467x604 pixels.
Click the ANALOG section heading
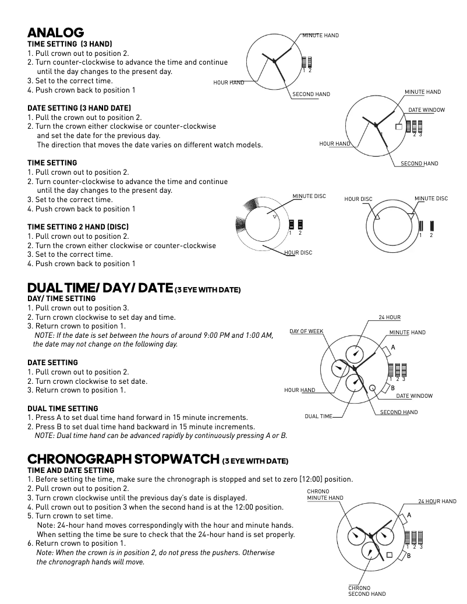tap(56, 33)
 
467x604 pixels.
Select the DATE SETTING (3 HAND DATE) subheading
tap(79, 108)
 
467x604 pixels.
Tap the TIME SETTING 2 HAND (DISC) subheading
tap(78, 227)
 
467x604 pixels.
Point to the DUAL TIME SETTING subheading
tap(63, 408)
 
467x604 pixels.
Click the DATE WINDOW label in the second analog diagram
tap(426, 110)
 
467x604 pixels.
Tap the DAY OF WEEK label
tap(306, 331)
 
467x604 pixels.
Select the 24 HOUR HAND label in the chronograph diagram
tap(437, 501)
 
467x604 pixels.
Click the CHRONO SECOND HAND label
tap(367, 591)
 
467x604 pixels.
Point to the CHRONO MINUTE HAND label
tap(325, 494)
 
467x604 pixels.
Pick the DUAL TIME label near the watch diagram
tap(319, 416)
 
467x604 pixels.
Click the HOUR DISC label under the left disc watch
tap(298, 253)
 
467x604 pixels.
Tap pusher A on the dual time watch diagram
tap(387, 351)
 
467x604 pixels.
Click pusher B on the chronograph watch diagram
tap(403, 556)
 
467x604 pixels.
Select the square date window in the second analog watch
tap(399, 126)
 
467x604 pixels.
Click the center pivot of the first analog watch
tap(274, 60)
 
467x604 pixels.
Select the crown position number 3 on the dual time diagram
tap(404, 380)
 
